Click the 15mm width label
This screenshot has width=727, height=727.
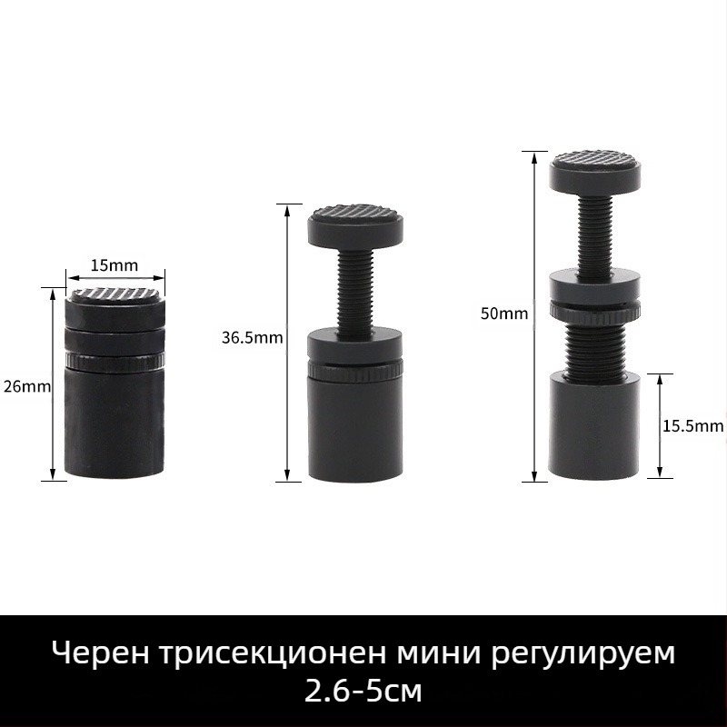[115, 265]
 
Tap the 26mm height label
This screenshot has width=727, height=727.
[27, 385]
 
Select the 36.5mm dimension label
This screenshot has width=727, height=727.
[253, 337]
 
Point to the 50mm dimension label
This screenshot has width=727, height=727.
[504, 314]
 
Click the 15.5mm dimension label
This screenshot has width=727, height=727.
[692, 425]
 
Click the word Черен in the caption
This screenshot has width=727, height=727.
[101, 653]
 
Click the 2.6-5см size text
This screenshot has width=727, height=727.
[363, 691]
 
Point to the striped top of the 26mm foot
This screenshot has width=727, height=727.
[115, 293]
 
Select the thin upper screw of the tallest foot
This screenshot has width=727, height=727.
[595, 232]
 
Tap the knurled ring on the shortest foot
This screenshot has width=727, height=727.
[115, 360]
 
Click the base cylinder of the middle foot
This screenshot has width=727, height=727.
[355, 427]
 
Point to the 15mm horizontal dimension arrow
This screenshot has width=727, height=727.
[115, 278]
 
